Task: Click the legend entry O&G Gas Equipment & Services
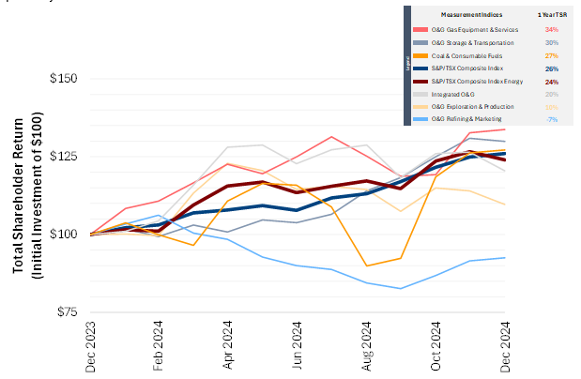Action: point(473,30)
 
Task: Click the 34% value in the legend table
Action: point(551,30)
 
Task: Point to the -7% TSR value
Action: point(551,119)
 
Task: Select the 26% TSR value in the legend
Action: point(551,68)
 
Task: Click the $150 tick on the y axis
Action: point(63,79)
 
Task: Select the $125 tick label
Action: point(63,157)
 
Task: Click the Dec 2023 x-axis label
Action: point(91,347)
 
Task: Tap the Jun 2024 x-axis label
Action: point(298,347)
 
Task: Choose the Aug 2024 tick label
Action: point(366,347)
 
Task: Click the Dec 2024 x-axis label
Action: point(504,347)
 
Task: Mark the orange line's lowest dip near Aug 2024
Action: point(367,265)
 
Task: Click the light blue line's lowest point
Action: point(402,288)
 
